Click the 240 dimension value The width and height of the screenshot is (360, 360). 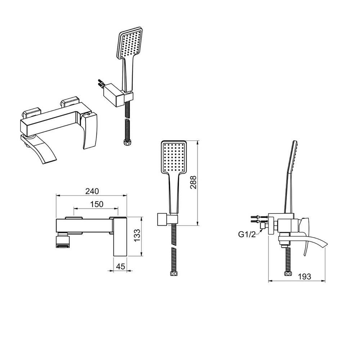tap(93, 191)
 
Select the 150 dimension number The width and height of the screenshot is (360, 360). tap(96, 204)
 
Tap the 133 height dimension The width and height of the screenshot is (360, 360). tap(136, 236)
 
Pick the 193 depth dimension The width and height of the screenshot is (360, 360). tap(305, 276)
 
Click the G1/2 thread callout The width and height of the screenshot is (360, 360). tap(247, 234)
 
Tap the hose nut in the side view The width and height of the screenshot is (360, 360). tap(287, 274)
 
